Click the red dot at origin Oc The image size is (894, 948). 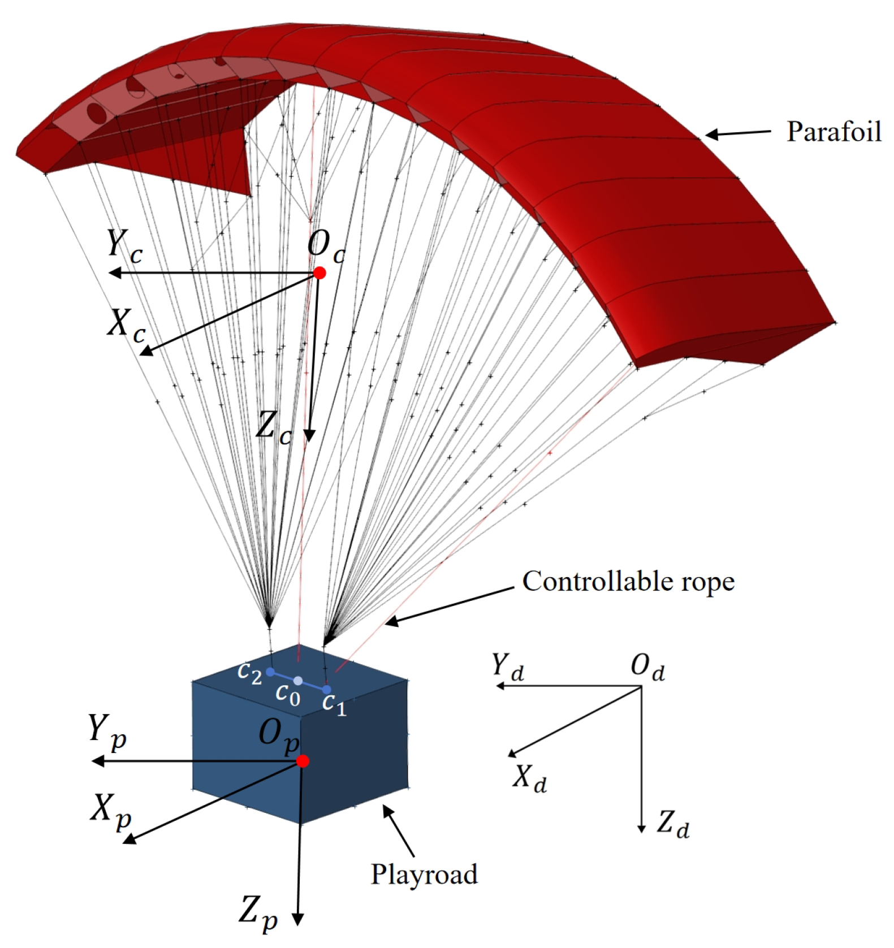pyautogui.click(x=319, y=273)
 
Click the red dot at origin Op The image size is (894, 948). pyautogui.click(x=303, y=761)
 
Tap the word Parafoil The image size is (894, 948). pyautogui.click(x=833, y=131)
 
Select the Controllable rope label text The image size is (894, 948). pyautogui.click(x=628, y=581)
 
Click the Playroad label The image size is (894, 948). pyautogui.click(x=424, y=873)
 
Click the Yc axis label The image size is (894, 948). pyautogui.click(x=124, y=246)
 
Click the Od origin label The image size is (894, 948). pyautogui.click(x=647, y=668)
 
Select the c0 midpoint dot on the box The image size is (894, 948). pyautogui.click(x=298, y=681)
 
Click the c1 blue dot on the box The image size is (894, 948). pyautogui.click(x=326, y=690)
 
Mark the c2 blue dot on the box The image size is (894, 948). pyautogui.click(x=270, y=672)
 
